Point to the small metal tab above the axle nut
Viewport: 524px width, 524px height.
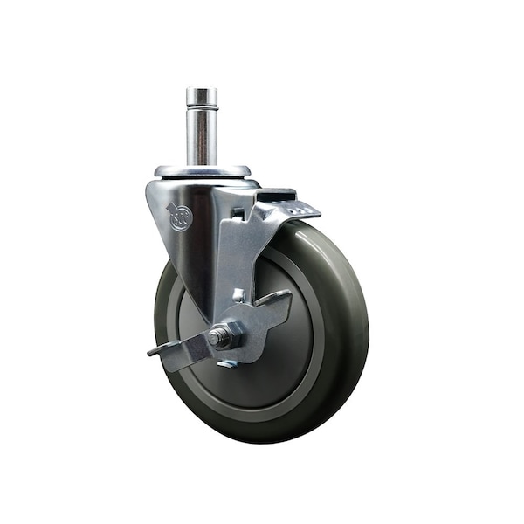tap(238, 296)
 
